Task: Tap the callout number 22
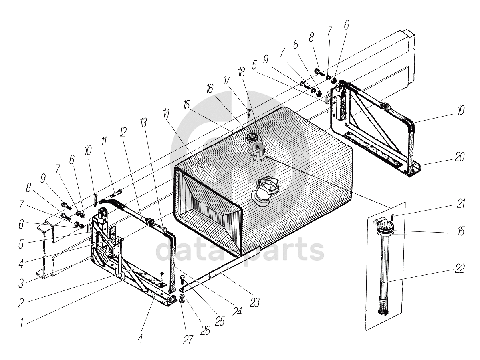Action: pyautogui.click(x=460, y=269)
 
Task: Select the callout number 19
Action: pyautogui.click(x=461, y=110)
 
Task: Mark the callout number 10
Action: pyautogui.click(x=88, y=151)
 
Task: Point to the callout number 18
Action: pyautogui.click(x=241, y=72)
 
